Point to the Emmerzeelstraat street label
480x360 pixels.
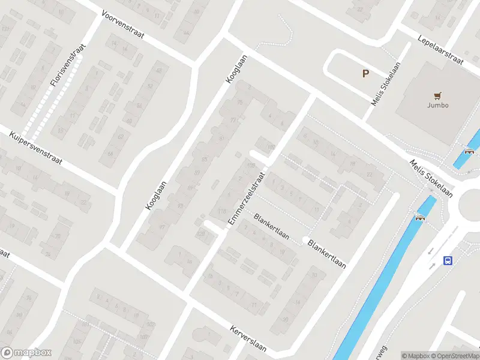click(246, 199)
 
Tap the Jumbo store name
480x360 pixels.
click(438, 105)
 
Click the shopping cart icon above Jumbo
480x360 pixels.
click(438, 95)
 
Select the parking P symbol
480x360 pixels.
click(365, 74)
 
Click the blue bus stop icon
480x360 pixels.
click(448, 260)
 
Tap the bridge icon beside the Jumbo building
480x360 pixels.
click(470, 151)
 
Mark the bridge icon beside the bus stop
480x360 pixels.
click(420, 217)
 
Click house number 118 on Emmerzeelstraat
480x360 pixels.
click(223, 211)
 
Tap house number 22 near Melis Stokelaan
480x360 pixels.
click(370, 174)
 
